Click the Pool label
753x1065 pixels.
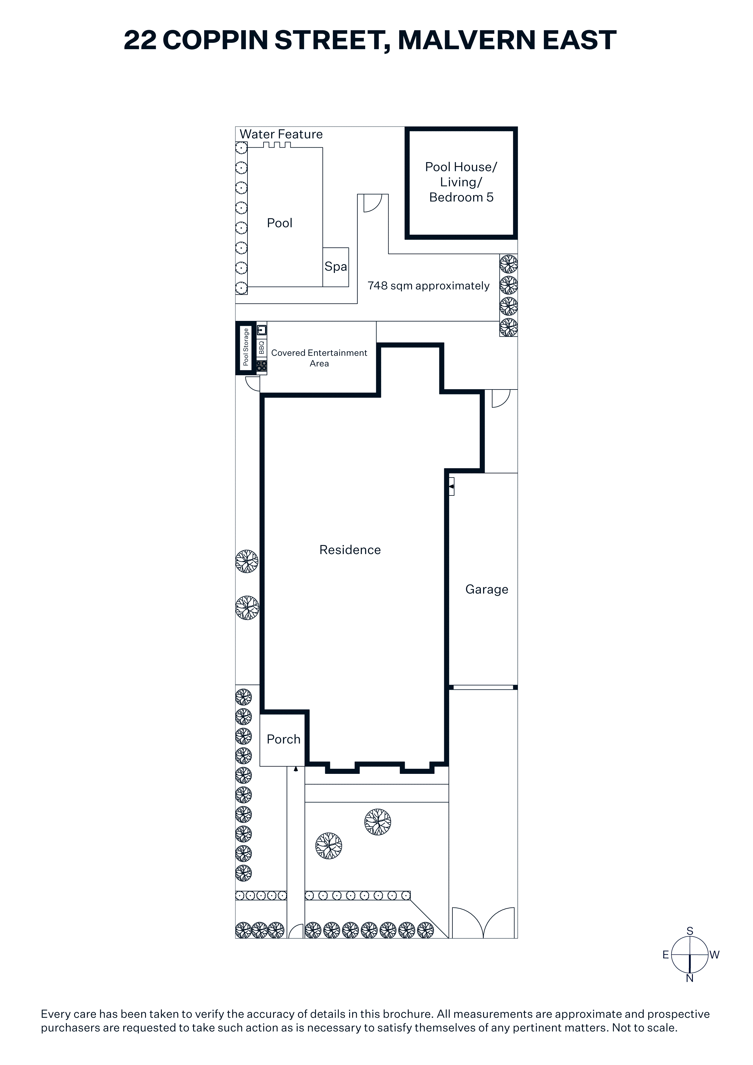(x=279, y=223)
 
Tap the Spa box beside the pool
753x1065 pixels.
(x=336, y=267)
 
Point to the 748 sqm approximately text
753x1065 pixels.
(x=428, y=286)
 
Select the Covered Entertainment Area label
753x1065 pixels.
(x=319, y=358)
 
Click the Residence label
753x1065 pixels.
(x=350, y=550)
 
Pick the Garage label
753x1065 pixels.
(x=487, y=590)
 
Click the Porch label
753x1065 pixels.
(x=284, y=739)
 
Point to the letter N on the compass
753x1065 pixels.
(x=690, y=978)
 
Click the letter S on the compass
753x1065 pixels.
(x=690, y=931)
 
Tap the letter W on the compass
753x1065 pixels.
(x=714, y=954)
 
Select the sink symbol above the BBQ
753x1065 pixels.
(x=262, y=330)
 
